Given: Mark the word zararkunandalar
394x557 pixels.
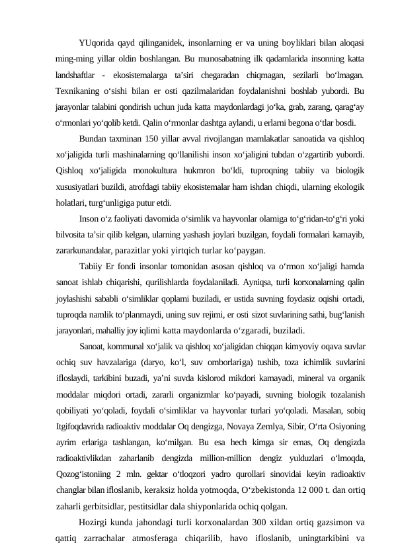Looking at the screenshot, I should [x=85, y=251].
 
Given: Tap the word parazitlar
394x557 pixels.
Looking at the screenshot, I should [x=136, y=251].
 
